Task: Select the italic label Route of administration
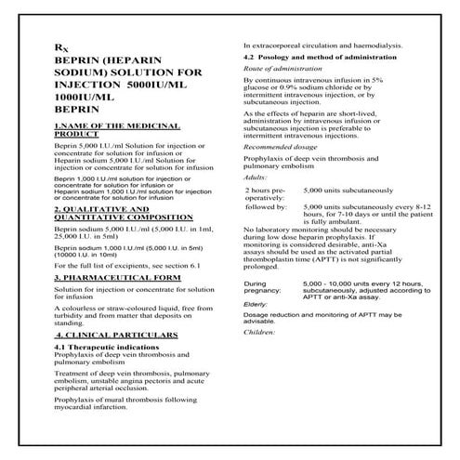tap(287, 71)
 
